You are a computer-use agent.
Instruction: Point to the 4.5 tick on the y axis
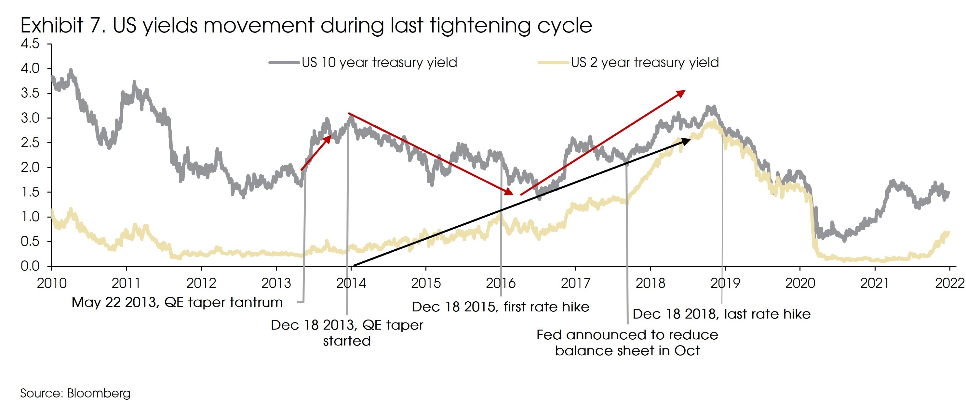point(30,44)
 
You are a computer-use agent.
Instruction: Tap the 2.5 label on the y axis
point(30,143)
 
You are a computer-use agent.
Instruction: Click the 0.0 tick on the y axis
point(30,266)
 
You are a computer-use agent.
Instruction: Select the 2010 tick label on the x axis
point(51,283)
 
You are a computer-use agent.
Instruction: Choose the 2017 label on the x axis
point(575,283)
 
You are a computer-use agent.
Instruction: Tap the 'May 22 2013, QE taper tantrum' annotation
point(177,302)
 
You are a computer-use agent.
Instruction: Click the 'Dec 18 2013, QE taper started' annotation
point(346,333)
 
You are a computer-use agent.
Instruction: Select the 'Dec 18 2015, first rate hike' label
point(500,307)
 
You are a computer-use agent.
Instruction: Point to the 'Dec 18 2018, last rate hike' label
point(721,314)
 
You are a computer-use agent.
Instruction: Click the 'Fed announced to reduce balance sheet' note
point(627,342)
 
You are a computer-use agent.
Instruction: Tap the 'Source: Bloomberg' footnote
point(75,393)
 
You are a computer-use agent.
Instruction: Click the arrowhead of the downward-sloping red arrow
point(509,192)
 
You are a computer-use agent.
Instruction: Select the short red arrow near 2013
point(316,153)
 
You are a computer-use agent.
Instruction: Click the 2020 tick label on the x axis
point(800,283)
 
